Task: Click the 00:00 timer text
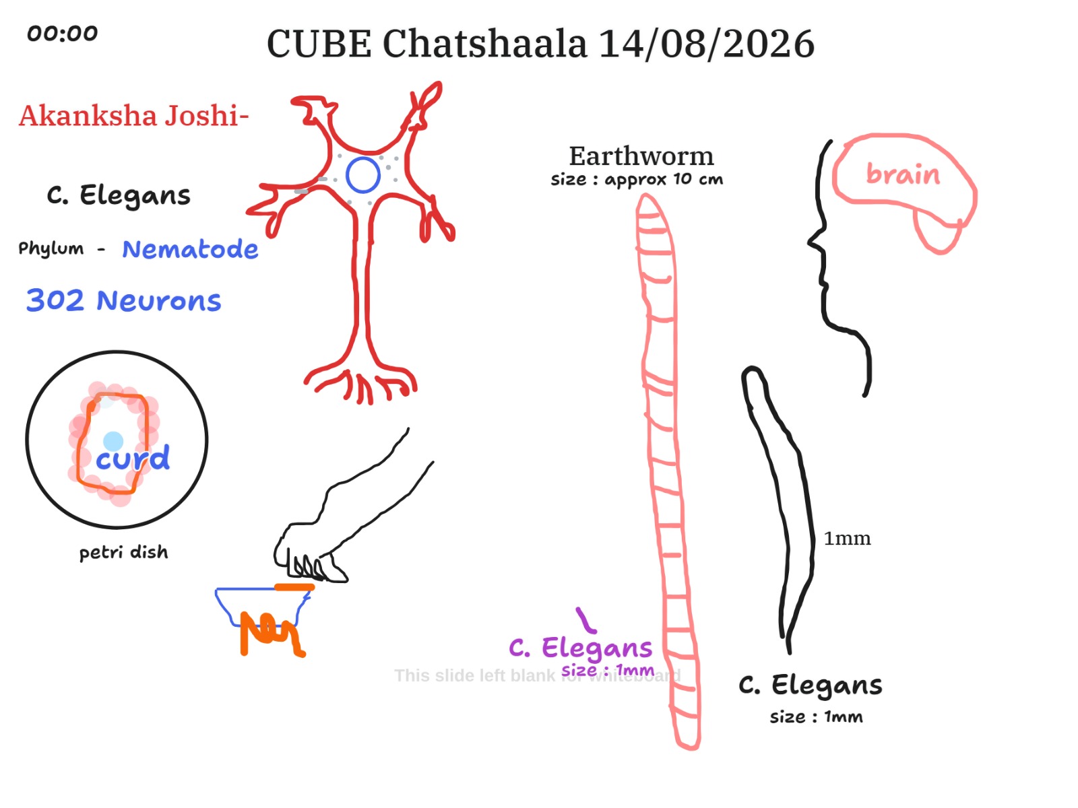[x=63, y=34]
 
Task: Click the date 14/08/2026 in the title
[x=706, y=44]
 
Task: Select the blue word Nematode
[x=190, y=248]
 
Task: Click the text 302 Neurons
[x=124, y=300]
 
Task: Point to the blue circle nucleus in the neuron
[x=363, y=175]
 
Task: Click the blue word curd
[x=133, y=459]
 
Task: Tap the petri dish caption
[x=124, y=552]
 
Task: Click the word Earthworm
[x=641, y=156]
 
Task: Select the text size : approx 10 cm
[x=637, y=180]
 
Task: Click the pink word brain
[x=903, y=174]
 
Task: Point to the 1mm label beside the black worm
[x=847, y=538]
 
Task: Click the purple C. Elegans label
[x=581, y=648]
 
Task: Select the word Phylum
[x=51, y=248]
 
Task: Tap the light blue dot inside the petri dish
[x=113, y=441]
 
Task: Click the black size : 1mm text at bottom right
[x=816, y=716]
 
